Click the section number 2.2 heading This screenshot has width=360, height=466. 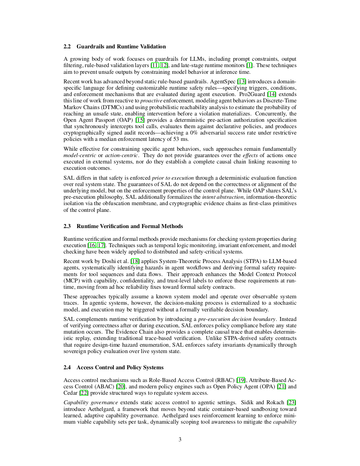pos(67,47)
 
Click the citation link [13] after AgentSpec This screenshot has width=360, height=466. pos(242,82)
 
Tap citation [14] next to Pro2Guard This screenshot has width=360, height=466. pos(272,94)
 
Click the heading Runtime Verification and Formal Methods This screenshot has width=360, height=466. pos(130,226)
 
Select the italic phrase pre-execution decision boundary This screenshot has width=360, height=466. pos(237,319)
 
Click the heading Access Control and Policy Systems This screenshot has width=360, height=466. pos(120,368)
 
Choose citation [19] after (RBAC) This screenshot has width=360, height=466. pos(241,380)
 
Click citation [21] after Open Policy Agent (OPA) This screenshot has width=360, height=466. pos(281,387)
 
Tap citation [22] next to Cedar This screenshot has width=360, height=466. pos(84,393)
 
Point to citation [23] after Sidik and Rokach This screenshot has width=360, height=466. pos(292,402)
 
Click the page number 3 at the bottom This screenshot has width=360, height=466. pos(180,440)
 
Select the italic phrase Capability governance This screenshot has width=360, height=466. pos(91,402)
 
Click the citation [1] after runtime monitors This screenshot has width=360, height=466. pos(249,65)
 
